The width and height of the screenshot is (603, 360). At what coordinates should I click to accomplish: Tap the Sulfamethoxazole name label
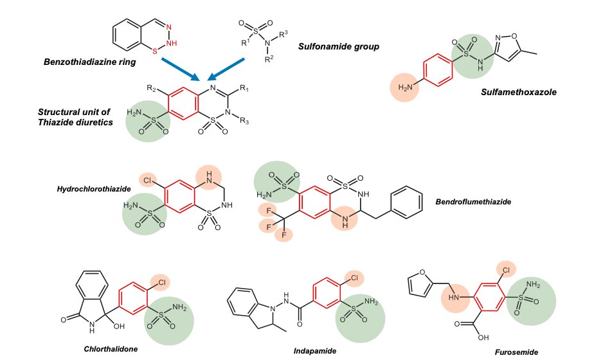click(518, 92)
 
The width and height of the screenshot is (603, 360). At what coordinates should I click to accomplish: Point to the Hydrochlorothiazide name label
click(94, 189)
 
